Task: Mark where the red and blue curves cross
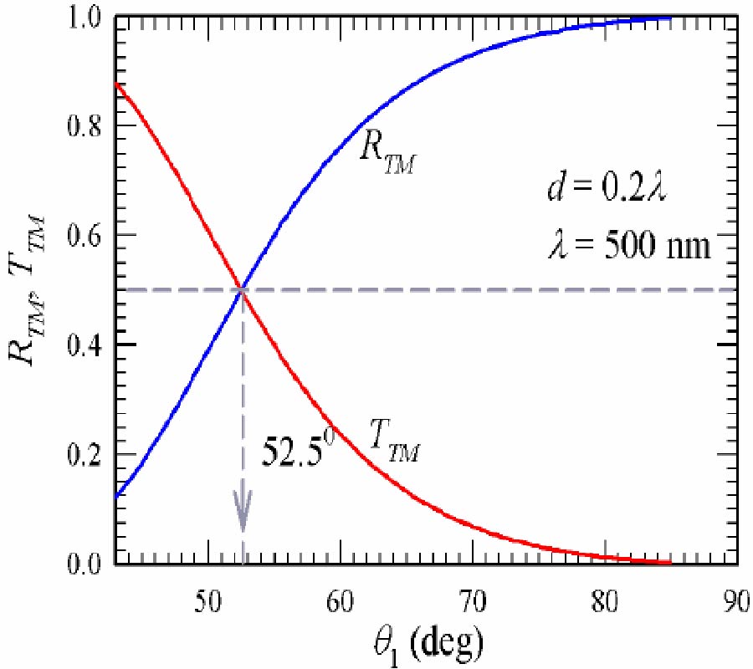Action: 243,289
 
